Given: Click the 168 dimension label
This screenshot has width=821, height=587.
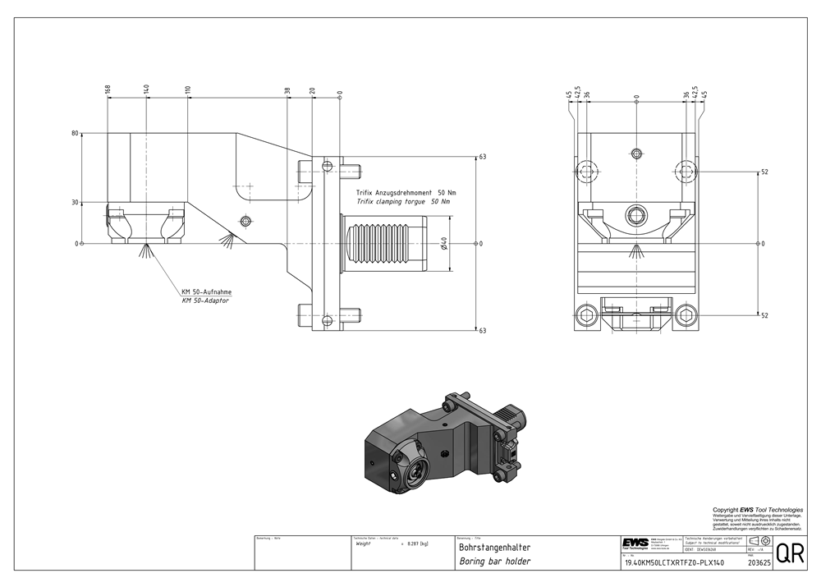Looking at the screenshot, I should pyautogui.click(x=108, y=89).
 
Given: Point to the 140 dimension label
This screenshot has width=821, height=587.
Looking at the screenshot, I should pyautogui.click(x=145, y=89).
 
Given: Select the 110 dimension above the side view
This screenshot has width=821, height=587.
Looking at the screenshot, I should pyautogui.click(x=188, y=89).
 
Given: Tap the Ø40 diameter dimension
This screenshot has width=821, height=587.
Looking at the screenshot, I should pyautogui.click(x=444, y=244).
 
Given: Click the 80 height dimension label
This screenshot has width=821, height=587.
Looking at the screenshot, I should pyautogui.click(x=75, y=133).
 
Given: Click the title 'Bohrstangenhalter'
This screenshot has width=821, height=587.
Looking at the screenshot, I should pyautogui.click(x=495, y=547).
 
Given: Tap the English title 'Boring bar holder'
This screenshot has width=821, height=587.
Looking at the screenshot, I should pyautogui.click(x=494, y=562).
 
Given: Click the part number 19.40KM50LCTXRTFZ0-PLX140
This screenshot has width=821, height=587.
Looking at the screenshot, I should pyautogui.click(x=674, y=563).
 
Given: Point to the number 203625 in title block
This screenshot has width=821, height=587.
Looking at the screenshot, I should pyautogui.click(x=759, y=563).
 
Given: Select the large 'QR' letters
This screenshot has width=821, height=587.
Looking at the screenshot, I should pyautogui.click(x=790, y=554).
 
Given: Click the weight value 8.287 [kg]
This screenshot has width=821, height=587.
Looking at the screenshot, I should pyautogui.click(x=409, y=543).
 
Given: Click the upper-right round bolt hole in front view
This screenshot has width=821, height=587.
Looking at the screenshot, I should pyautogui.click(x=686, y=172).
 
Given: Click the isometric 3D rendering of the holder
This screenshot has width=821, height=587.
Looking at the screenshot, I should pyautogui.click(x=443, y=443).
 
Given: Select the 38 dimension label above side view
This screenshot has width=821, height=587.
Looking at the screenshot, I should pyautogui.click(x=287, y=91).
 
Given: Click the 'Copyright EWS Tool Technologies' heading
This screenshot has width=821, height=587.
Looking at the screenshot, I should pyautogui.click(x=757, y=510).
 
